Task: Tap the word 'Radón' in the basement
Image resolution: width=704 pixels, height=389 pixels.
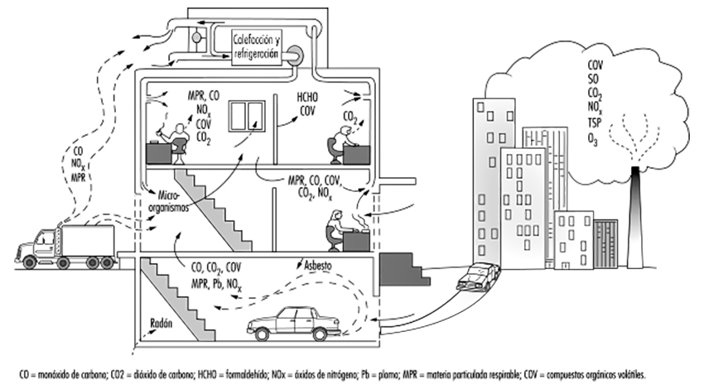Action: [163, 324]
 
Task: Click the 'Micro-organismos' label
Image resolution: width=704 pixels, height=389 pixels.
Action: [169, 204]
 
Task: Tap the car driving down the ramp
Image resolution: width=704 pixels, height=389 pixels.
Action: [478, 276]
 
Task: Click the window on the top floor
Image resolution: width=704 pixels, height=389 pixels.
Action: [246, 118]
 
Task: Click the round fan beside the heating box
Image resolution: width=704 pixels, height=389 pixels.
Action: [296, 55]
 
